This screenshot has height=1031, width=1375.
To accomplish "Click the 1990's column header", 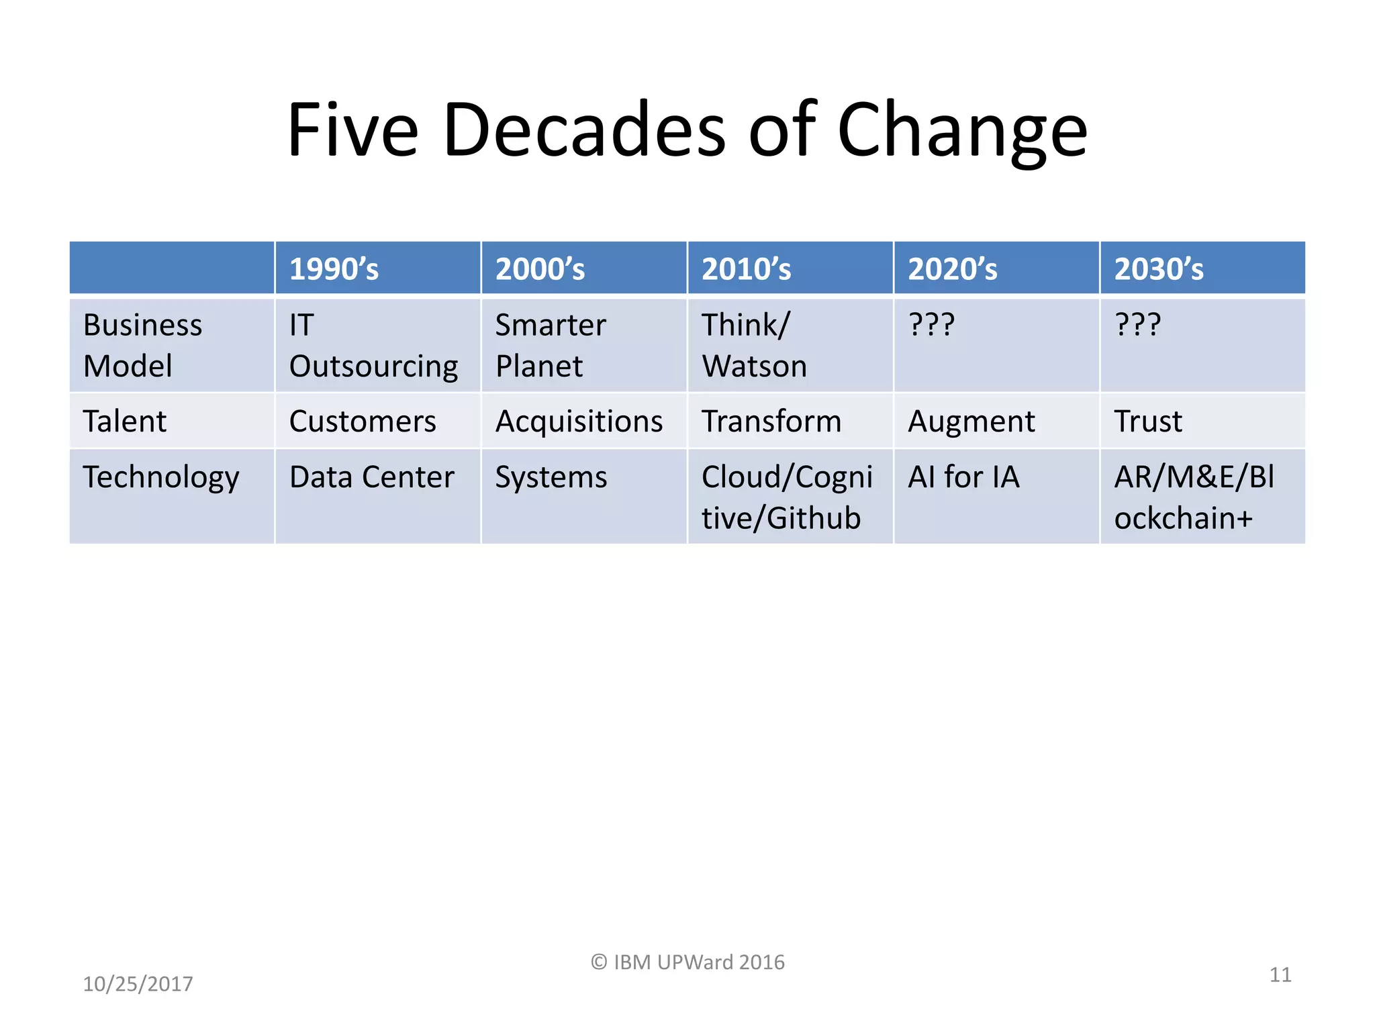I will tap(334, 269).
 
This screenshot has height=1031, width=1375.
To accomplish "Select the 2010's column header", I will tap(746, 269).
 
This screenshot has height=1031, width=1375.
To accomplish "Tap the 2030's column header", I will tap(1159, 269).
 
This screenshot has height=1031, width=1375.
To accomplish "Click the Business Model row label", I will tap(142, 345).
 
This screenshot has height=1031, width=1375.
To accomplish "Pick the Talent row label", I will tap(125, 422).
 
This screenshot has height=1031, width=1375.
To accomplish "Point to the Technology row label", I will tap(161, 478).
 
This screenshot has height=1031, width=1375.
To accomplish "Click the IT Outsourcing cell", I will tap(373, 345).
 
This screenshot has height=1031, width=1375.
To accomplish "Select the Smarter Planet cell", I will tap(551, 345).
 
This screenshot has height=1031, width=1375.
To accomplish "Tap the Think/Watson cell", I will tap(754, 345).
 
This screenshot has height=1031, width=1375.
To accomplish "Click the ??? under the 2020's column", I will tap(931, 325).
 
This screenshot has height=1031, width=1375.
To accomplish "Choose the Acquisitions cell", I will tap(579, 422).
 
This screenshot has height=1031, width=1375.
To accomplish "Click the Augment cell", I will tap(971, 422).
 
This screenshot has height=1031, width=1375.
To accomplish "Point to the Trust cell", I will tap(1148, 422).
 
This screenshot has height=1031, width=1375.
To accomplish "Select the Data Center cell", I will tap(371, 477).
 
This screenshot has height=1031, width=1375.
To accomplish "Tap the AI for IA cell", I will tap(963, 477).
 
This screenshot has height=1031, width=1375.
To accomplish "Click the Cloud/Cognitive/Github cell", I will tap(787, 497).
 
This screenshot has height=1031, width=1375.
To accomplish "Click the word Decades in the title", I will tap(583, 129).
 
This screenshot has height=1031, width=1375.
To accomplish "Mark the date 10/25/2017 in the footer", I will tap(138, 983).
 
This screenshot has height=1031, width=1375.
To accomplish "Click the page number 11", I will tap(1280, 974).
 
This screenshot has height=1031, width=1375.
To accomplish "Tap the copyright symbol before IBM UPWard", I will tap(599, 963).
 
